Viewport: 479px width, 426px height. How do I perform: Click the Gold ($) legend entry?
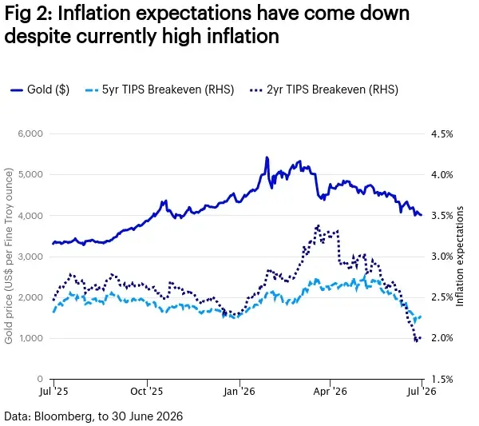(x=40, y=90)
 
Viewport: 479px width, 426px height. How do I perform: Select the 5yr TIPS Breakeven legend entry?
(x=159, y=90)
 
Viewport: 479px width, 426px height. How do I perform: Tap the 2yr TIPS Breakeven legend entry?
(x=324, y=90)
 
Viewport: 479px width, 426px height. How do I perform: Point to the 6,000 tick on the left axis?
(x=30, y=133)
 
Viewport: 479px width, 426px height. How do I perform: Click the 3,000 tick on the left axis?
(x=30, y=257)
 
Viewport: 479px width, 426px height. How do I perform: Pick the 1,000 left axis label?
(x=30, y=338)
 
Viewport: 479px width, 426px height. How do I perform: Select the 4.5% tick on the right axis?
(x=441, y=134)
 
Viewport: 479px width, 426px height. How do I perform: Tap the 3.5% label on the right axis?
(x=441, y=216)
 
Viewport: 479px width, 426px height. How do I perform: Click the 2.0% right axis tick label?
(x=441, y=338)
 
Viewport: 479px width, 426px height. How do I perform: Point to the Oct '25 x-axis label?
(x=147, y=391)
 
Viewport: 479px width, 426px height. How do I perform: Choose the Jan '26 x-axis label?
(x=239, y=391)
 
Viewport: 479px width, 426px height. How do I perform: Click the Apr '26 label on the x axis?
(x=330, y=391)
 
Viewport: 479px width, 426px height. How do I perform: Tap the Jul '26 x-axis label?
(x=422, y=391)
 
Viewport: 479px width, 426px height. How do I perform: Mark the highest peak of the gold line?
(x=267, y=157)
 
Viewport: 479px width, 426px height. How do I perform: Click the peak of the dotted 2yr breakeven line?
(x=319, y=225)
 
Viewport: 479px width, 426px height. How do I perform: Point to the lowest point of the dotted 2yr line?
(x=416, y=341)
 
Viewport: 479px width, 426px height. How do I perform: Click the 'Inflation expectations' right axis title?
(x=460, y=257)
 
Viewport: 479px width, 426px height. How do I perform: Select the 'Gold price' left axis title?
(x=9, y=256)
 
